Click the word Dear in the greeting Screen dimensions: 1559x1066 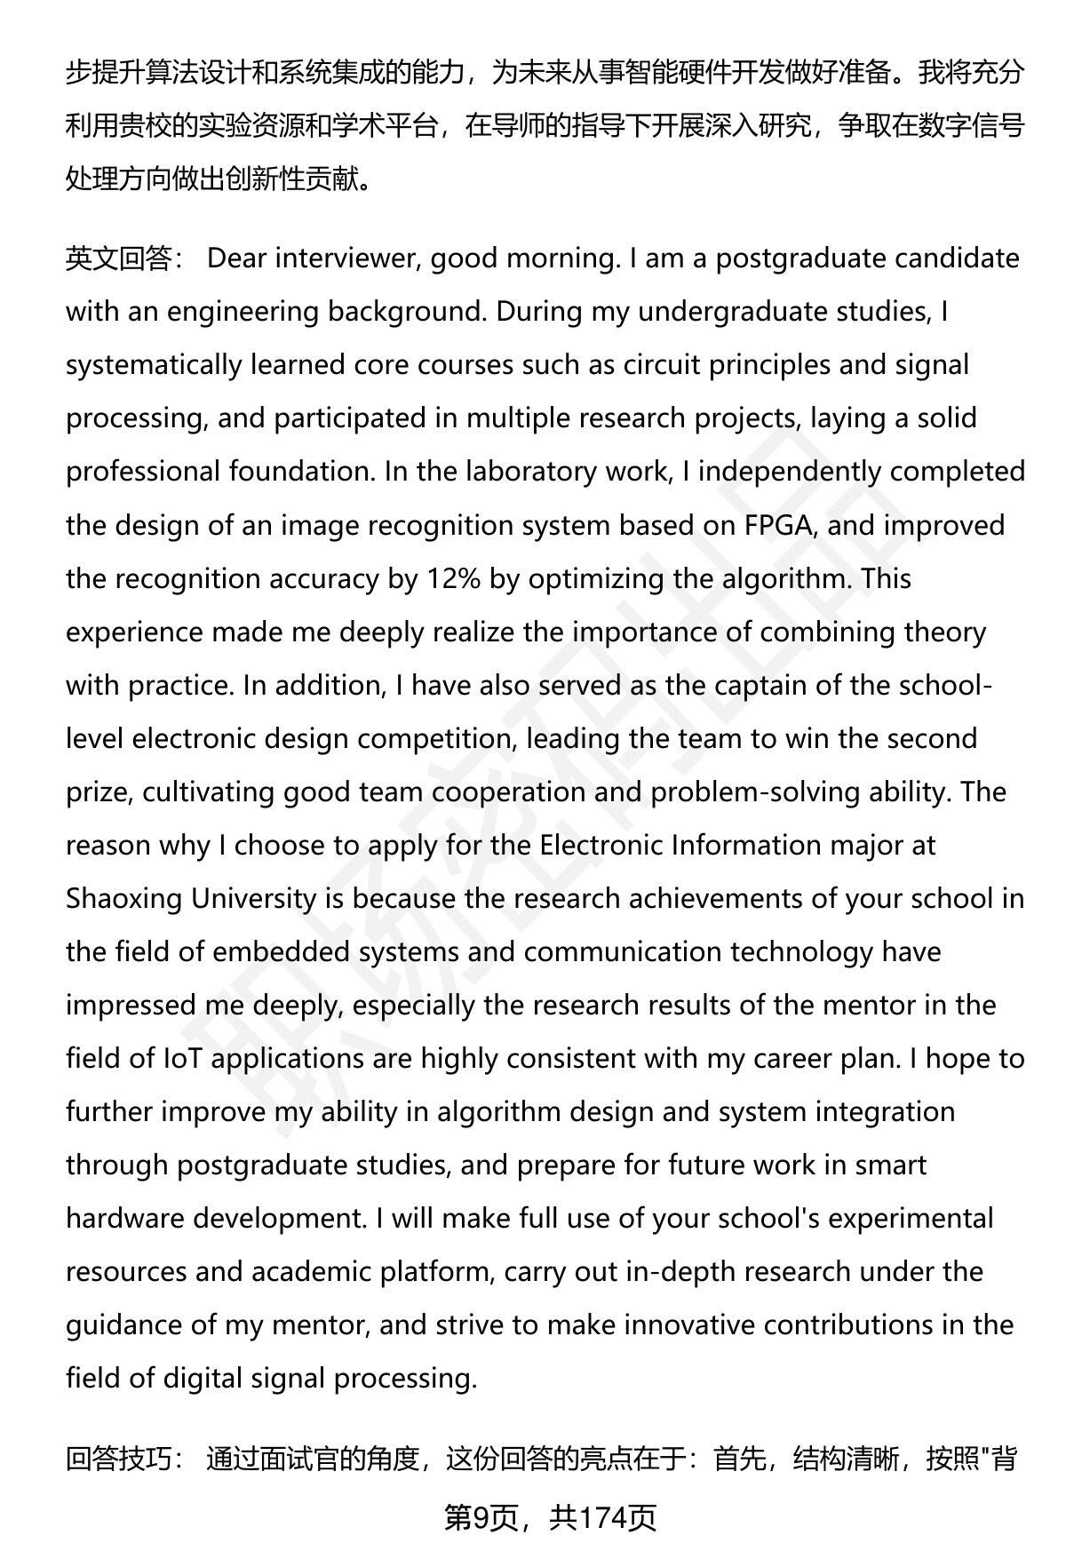click(236, 259)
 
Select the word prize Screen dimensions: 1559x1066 click(99, 792)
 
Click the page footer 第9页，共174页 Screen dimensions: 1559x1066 click(550, 1518)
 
